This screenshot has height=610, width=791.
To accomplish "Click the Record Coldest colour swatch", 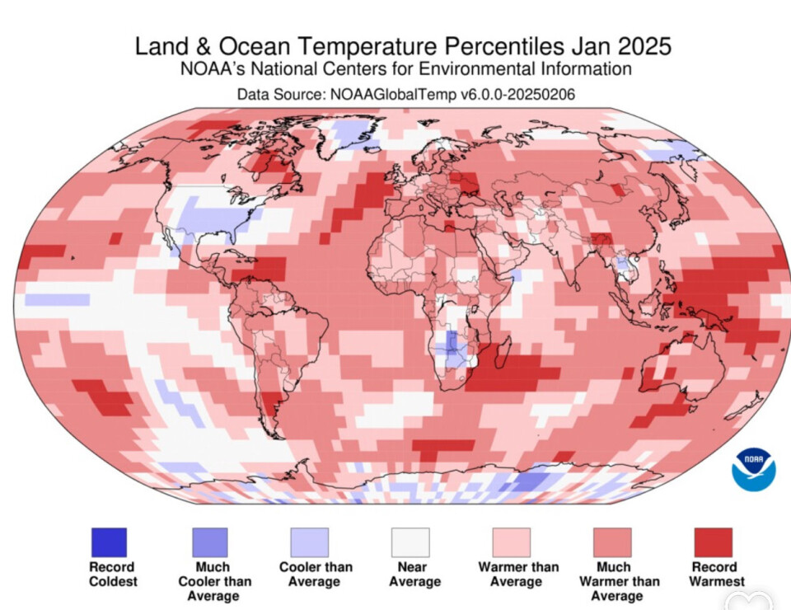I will (109, 542).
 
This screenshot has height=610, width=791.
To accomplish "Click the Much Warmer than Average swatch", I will (613, 542).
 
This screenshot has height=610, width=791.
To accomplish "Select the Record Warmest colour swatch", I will (713, 542).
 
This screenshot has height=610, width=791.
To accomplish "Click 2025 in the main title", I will (640, 45).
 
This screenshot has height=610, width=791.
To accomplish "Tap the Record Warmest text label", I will (714, 575).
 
